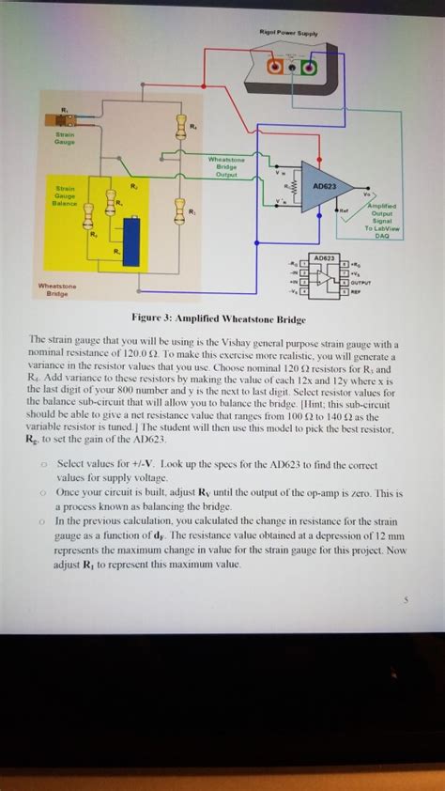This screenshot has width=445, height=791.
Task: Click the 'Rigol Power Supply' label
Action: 294,34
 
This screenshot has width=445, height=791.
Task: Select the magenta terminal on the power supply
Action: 307,69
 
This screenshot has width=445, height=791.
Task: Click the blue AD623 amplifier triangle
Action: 325,186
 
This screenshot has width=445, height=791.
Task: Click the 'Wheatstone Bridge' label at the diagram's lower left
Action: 58,288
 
